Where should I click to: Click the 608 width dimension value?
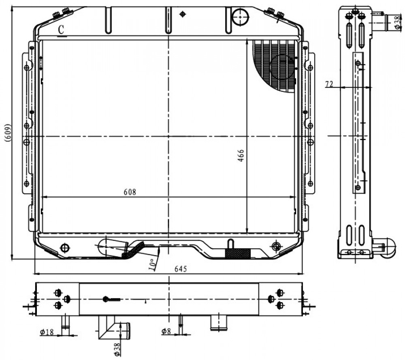click(130, 192)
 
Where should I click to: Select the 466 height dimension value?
click(241, 156)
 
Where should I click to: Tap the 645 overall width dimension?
click(181, 269)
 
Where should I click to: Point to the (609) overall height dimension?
click(8, 133)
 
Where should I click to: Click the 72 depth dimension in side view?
click(329, 84)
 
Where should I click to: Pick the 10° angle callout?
click(152, 264)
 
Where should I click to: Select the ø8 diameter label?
click(166, 331)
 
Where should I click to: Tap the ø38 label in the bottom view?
click(117, 349)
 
